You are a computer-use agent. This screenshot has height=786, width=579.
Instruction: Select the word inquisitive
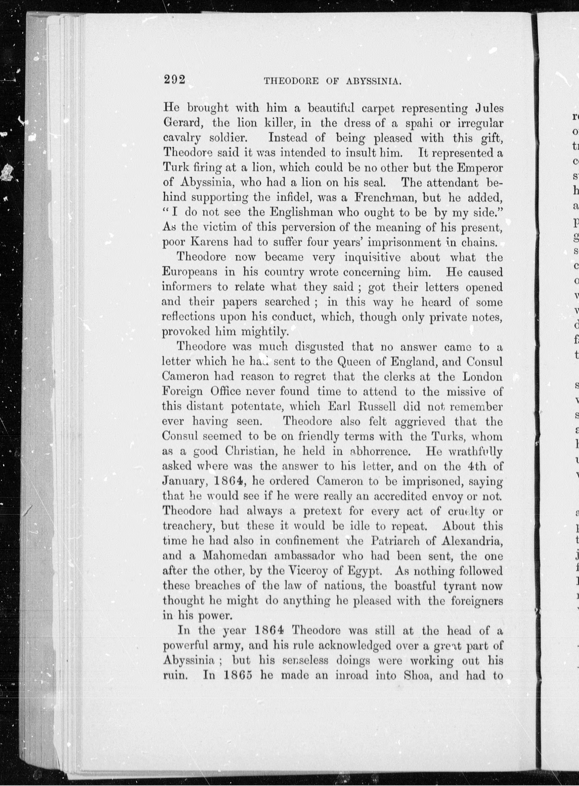[x=372, y=257]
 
